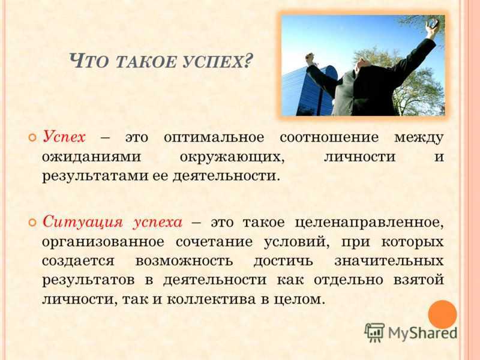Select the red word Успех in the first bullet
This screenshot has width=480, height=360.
click(64, 137)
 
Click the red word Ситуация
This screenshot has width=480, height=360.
click(83, 222)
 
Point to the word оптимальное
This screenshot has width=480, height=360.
click(214, 137)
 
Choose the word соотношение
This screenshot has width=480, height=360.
click(329, 137)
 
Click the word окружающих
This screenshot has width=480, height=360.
click(232, 157)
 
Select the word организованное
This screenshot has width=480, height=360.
click(103, 242)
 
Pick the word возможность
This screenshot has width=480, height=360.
click(184, 261)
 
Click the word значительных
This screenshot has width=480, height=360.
click(389, 261)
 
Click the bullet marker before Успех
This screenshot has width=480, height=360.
click(32, 137)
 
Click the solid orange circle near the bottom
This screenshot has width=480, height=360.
click(442, 314)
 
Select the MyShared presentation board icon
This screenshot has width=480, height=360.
click(374, 332)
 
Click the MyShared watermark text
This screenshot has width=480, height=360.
click(422, 333)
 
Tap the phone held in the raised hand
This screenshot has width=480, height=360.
click(434, 23)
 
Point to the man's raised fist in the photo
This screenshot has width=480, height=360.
click(310, 58)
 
